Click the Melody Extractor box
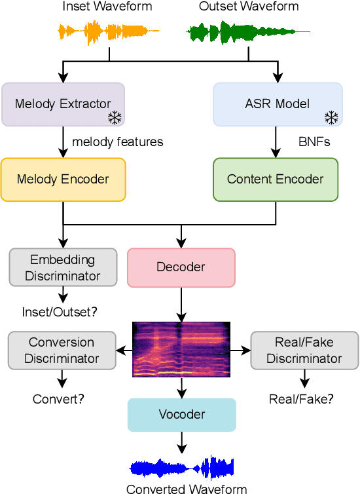pyautogui.click(x=63, y=104)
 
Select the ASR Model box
pyautogui.click(x=278, y=104)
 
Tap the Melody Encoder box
pyautogui.click(x=63, y=179)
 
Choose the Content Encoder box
pyautogui.click(x=275, y=179)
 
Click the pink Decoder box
pyautogui.click(x=181, y=267)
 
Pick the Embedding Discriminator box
pyautogui.click(x=63, y=267)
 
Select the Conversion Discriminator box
pyautogui.click(x=62, y=350)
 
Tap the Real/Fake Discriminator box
pyautogui.click(x=304, y=350)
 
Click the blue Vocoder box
pyautogui.click(x=181, y=415)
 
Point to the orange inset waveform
pyautogui.click(x=109, y=31)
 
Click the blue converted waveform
pyautogui.click(x=181, y=468)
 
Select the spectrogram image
pyautogui.click(x=181, y=350)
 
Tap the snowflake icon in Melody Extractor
pyautogui.click(x=115, y=118)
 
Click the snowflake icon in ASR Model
pyautogui.click(x=332, y=118)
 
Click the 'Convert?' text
pyautogui.click(x=59, y=398)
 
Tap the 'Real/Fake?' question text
pyautogui.click(x=301, y=398)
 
